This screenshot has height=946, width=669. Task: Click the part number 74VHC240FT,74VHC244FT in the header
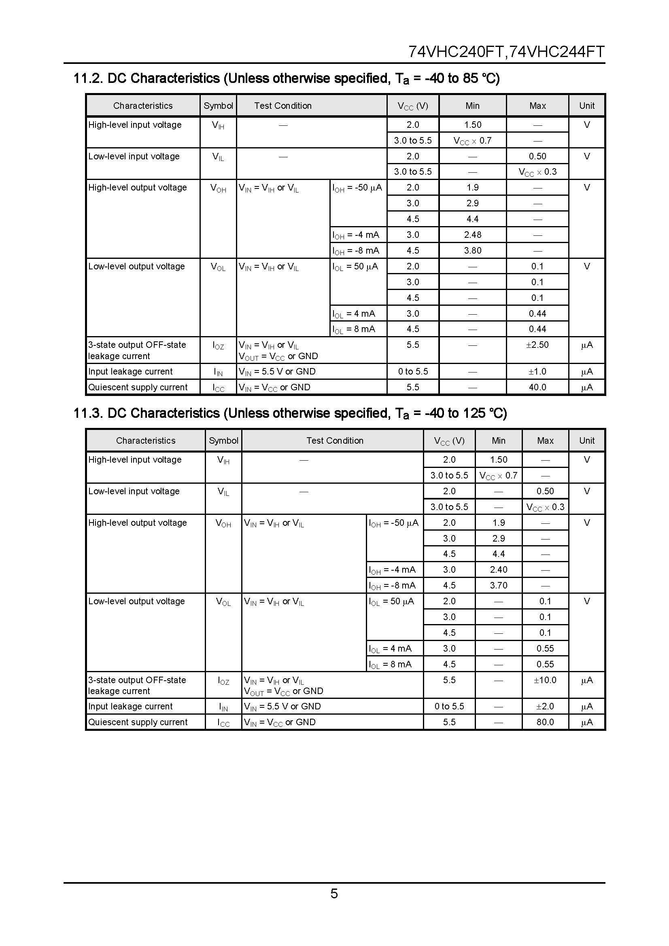[506, 52]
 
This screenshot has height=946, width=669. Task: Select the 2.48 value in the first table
[472, 235]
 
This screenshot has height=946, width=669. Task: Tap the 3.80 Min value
[472, 250]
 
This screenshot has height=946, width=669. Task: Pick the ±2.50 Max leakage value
[537, 345]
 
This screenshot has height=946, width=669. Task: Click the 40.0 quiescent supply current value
[537, 387]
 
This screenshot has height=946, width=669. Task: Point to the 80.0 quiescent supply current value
[545, 722]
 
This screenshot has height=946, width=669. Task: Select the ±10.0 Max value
[545, 680]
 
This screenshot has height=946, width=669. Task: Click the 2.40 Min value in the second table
[498, 570]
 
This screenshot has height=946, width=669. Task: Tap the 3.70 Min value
[498, 586]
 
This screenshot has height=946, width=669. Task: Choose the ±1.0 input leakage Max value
[537, 372]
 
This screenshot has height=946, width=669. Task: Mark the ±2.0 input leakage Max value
[545, 707]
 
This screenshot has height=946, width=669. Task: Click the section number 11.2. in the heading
[89, 78]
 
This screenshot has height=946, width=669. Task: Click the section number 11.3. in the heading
[89, 413]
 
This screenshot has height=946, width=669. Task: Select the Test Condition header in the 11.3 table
[335, 441]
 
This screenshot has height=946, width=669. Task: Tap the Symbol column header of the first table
[218, 106]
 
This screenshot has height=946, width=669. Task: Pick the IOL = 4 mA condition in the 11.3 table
[390, 649]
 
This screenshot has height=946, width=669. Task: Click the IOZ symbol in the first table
[218, 346]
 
